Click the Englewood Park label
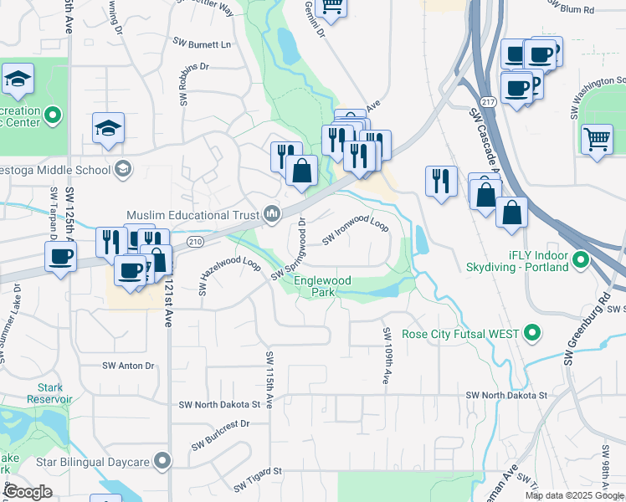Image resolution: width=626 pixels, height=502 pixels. (x=322, y=287)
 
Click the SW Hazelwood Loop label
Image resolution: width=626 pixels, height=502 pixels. (x=229, y=275)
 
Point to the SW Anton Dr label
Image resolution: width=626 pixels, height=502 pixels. (x=129, y=366)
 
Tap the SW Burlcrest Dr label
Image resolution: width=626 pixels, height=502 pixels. (x=220, y=435)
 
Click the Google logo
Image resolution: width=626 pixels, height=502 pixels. (x=28, y=492)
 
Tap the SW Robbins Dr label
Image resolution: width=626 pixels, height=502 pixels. (x=182, y=85)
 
